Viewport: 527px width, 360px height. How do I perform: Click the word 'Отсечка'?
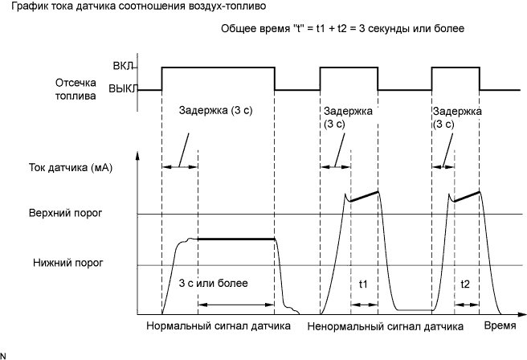point(76,81)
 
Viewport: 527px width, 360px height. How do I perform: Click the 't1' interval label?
point(362,284)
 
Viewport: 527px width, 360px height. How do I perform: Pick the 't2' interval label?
point(465,284)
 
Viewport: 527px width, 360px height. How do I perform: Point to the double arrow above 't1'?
point(363,303)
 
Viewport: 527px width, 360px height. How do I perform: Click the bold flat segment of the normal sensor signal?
point(236,239)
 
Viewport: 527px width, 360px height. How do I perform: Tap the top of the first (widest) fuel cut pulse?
point(218,67)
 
